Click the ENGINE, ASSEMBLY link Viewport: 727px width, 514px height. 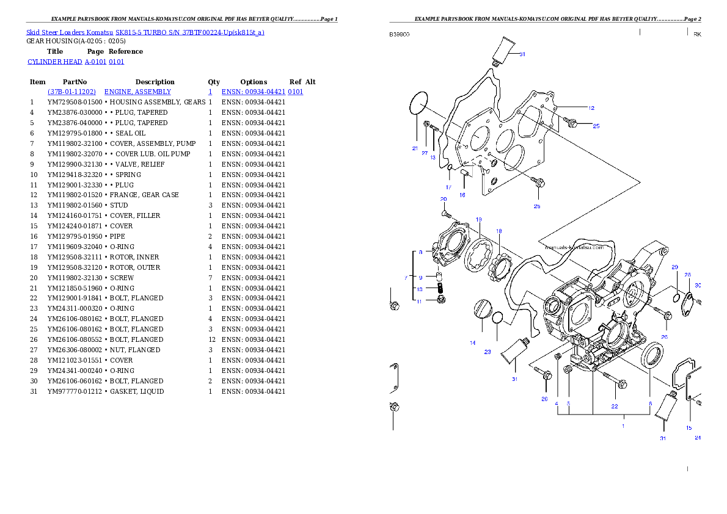pos(137,92)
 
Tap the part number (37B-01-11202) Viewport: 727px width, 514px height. pos(72,92)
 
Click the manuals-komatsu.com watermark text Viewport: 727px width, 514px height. pos(574,247)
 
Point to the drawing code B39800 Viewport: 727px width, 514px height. pos(400,35)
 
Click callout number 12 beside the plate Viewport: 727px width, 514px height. pos(591,108)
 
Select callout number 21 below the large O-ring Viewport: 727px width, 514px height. pos(414,148)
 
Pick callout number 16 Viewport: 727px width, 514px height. pos(462,195)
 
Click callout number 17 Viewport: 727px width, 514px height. pos(448,187)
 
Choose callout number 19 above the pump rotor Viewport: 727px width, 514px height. pos(479,219)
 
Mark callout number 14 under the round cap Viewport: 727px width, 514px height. pos(472,343)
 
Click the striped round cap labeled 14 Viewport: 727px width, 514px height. pos(483,309)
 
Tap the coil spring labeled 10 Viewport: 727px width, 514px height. pos(438,288)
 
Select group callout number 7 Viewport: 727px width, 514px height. pos(406,278)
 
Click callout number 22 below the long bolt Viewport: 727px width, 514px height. pos(615,406)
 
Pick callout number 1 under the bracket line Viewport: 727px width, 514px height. pos(623,426)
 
